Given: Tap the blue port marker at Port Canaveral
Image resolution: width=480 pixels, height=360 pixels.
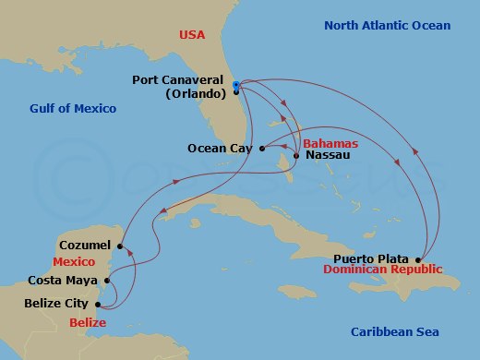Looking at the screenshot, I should tap(236, 85).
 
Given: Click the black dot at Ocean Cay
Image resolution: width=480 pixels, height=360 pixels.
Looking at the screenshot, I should tap(263, 147).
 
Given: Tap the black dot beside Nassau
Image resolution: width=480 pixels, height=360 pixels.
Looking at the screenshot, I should tap(295, 155).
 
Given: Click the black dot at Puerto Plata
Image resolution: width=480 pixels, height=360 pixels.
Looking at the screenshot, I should tap(419, 259).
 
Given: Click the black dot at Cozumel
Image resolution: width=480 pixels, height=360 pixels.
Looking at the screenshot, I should tap(121, 246).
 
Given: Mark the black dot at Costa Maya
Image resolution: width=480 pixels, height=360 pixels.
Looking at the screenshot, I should tap(107, 281).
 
